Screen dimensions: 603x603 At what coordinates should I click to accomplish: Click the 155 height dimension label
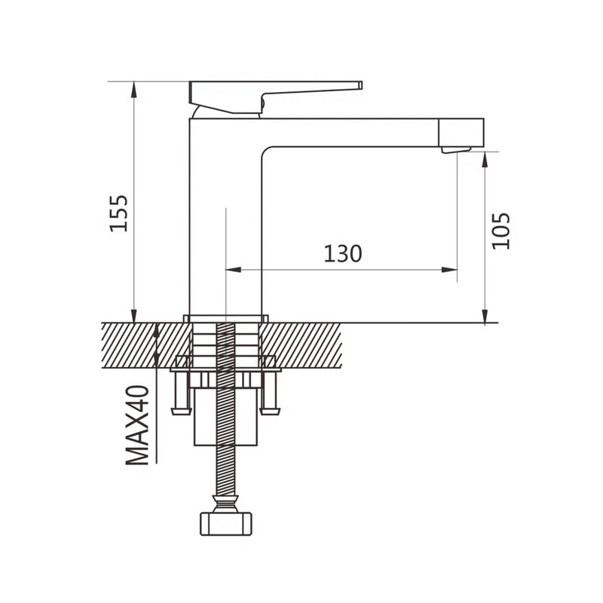(x=119, y=213)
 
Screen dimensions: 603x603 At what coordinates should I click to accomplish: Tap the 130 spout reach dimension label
(x=343, y=254)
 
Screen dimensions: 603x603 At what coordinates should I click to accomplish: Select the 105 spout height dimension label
(x=501, y=231)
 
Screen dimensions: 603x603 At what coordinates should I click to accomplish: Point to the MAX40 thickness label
(x=138, y=425)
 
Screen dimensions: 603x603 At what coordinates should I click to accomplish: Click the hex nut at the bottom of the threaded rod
(x=226, y=523)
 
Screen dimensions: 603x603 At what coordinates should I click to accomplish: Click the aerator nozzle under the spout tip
(x=456, y=150)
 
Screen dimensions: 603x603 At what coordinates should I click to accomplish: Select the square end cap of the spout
(x=461, y=133)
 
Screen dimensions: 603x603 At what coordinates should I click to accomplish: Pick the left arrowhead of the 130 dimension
(x=233, y=270)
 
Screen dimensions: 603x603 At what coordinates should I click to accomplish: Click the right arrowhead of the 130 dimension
(x=449, y=270)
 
